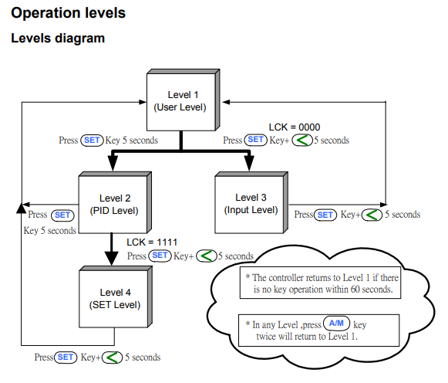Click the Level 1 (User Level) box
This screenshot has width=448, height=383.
183,100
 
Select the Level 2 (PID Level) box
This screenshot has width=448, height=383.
115,203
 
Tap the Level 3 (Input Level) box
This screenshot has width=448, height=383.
251,203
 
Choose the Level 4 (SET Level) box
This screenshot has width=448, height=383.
116,297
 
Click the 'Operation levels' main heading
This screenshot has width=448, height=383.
69,13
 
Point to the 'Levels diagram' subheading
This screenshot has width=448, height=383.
58,38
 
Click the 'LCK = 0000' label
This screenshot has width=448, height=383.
295,127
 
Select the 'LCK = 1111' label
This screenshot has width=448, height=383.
152,242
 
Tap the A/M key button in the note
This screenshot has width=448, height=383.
336,324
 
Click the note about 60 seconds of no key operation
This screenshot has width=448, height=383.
320,283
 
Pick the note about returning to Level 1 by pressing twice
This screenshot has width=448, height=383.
319,330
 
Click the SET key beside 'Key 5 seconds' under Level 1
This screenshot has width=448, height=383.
92,141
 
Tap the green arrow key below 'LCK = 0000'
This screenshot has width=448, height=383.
302,141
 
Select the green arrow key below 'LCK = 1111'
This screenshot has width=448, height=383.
207,256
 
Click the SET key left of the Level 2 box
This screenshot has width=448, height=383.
62,215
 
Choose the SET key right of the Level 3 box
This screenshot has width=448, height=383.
325,215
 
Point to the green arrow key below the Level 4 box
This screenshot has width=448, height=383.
113,358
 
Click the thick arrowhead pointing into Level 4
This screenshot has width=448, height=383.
112,258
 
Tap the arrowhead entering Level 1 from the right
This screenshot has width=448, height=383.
226,102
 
